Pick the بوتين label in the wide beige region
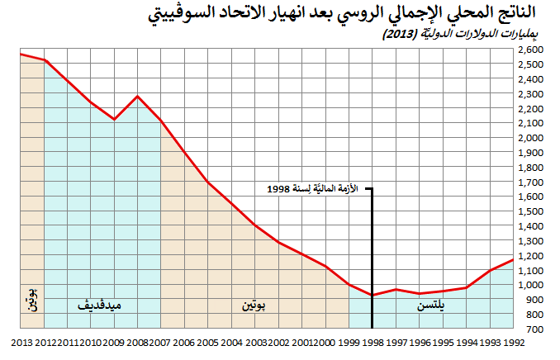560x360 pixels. click(254, 306)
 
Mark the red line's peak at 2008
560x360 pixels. click(137, 97)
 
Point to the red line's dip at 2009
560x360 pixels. click(114, 120)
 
